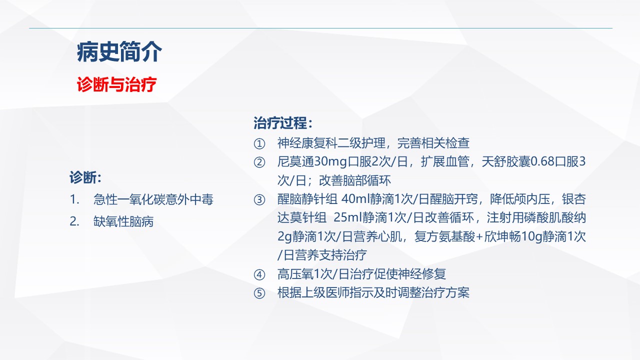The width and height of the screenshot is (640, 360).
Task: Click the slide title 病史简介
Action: pos(119,52)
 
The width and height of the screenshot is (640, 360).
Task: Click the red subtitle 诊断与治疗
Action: pos(116,84)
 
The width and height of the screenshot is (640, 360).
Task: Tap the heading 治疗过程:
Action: pos(283,123)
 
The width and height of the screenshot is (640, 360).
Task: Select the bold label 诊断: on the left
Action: pos(85,177)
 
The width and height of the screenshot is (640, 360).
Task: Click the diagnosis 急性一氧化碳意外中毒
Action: pos(153,199)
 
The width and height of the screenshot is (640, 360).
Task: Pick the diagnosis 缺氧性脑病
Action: pos(123,221)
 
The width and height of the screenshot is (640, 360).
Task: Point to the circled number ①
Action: pos(259,143)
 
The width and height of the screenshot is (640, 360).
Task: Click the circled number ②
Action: pos(259,162)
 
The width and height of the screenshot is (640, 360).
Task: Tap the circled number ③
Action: pos(259,199)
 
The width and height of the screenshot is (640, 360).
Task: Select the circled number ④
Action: pos(259,274)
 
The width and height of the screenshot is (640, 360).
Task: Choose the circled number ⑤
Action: pos(259,293)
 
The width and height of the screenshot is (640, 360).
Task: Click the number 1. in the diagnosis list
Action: pos(74,199)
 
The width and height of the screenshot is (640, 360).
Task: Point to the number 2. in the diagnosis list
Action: pos(74,221)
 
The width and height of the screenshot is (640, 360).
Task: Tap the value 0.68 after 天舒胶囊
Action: pos(542,161)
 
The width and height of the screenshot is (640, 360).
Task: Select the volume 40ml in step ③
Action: pos(355,199)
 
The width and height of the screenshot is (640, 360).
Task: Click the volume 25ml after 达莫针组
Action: pos(348,217)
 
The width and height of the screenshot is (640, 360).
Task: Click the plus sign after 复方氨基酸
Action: pos(479,237)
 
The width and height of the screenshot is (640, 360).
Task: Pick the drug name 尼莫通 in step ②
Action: pos(295,161)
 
